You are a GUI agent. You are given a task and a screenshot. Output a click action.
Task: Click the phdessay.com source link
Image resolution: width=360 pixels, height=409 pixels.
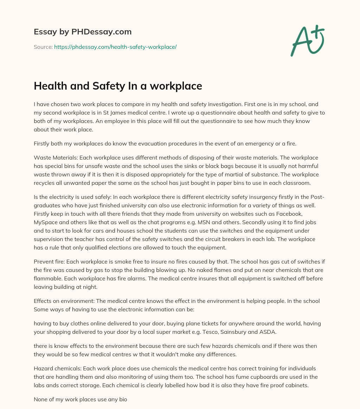[115, 47]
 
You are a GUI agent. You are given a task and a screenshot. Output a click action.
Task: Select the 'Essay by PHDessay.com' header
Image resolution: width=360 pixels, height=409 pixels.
[83, 32]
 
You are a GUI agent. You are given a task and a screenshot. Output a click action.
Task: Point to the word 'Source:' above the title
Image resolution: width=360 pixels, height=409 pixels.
[43, 47]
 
